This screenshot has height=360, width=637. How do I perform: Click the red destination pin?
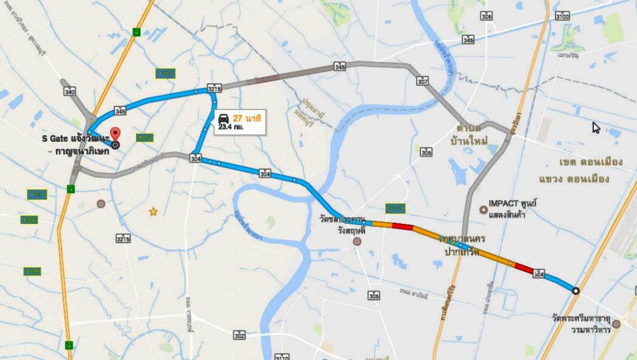pos(114,134)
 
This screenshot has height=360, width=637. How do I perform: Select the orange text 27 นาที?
pos(246,118)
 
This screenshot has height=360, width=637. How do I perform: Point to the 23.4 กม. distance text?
pos(231,127)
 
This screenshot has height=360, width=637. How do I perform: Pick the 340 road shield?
pos(70,91)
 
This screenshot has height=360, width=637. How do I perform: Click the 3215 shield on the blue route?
pos(214,89)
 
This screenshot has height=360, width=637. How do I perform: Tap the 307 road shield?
pos(423,81)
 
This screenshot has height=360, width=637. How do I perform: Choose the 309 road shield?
pos(373,297)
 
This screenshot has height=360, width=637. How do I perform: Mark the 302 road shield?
pos(239,335)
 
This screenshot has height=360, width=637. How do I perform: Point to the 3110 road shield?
pos(282,357)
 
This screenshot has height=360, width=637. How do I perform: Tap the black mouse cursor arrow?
pos(596,127)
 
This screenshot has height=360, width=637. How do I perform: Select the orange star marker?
pos(153,212)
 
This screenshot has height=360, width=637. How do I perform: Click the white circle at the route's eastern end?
pos(575,290)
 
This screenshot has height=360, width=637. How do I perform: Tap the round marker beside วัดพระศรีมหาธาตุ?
pos(616,324)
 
